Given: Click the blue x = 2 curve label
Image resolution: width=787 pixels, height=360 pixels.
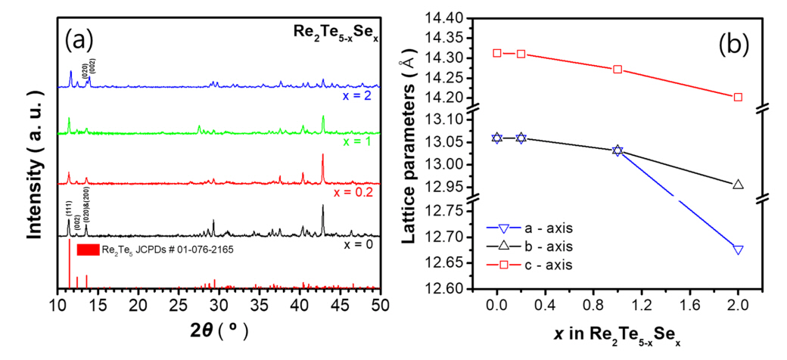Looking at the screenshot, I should point(354,97).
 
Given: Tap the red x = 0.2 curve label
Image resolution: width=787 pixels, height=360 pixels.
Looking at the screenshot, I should point(350,189).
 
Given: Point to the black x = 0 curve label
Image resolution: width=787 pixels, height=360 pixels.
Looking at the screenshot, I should point(354,244).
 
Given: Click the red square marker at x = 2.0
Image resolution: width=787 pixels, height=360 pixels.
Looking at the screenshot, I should point(738,97).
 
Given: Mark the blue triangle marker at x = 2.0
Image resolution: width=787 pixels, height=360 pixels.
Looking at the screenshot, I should point(738,250).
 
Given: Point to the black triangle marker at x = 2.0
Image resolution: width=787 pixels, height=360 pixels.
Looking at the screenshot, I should point(738,184).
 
